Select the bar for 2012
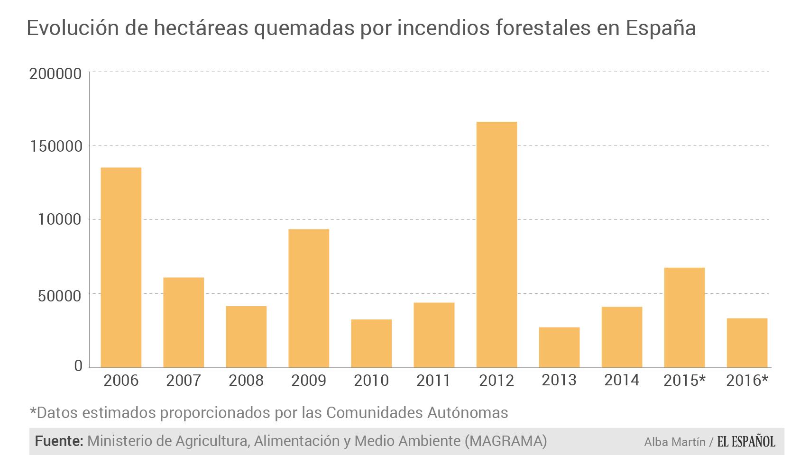[x=496, y=245]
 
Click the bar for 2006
[x=121, y=267]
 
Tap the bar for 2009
[x=309, y=298]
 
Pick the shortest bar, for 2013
[x=559, y=347]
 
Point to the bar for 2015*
[x=684, y=318]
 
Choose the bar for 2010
[x=371, y=343]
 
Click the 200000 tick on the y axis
[x=55, y=74]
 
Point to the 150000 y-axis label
[x=55, y=146]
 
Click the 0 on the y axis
[x=78, y=366]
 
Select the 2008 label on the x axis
[x=246, y=381]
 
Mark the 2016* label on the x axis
[x=747, y=381]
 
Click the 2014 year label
[x=622, y=380]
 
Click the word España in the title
[x=661, y=28]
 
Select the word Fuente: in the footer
[x=59, y=441]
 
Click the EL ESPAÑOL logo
[x=746, y=442]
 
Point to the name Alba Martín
[x=674, y=442]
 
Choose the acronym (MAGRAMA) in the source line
[x=506, y=441]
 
